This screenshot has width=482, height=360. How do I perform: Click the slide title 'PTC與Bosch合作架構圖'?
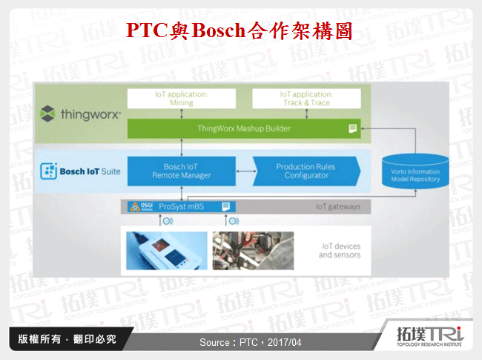(238, 30)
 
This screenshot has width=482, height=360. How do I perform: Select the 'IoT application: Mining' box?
(182, 99)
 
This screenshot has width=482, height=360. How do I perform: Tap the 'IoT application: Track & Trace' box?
(306, 99)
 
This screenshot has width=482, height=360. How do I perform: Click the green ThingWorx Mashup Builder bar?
(244, 128)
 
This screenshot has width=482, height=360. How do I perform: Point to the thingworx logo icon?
(47, 114)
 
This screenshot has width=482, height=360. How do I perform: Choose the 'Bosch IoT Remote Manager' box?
(182, 172)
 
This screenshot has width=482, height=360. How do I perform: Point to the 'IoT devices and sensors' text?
(340, 250)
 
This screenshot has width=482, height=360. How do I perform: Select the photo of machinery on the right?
(245, 250)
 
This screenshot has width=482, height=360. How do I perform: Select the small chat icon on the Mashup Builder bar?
(353, 128)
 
